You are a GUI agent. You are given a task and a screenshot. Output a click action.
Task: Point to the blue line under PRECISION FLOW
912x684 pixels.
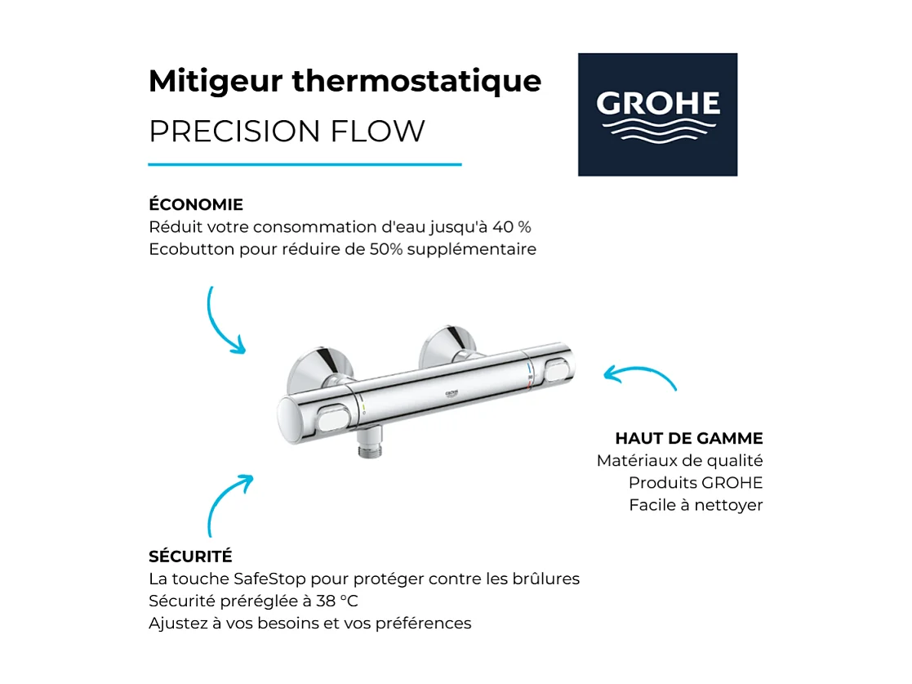(305, 164)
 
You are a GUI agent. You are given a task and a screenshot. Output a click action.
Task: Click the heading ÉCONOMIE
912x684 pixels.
(196, 204)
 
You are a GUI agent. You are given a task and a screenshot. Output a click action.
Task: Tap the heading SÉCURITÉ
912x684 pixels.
(190, 557)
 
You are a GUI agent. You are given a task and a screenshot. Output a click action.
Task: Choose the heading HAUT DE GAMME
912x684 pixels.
(689, 438)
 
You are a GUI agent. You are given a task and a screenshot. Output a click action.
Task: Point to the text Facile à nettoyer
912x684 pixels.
(696, 504)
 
